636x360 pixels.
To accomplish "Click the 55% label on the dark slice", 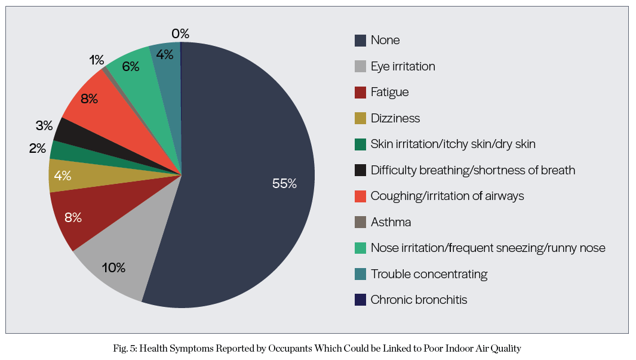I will point(284,184).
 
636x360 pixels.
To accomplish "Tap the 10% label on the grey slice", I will point(113,267).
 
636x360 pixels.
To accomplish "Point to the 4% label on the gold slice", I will point(62,176).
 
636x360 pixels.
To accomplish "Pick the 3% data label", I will point(44,126).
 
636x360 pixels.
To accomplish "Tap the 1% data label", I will point(97,60).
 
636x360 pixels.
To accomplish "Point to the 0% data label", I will point(180,34).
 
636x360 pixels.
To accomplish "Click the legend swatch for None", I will point(360,41).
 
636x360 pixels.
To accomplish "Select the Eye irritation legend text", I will point(403,66).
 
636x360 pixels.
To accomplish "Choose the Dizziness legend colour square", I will point(360,118).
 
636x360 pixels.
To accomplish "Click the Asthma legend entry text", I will point(391,222).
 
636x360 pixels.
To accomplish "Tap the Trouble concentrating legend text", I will point(429,274).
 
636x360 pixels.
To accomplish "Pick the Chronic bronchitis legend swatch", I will point(360,300).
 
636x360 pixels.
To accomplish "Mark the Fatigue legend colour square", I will point(360,93).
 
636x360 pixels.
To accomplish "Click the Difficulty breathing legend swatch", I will point(360,170).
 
